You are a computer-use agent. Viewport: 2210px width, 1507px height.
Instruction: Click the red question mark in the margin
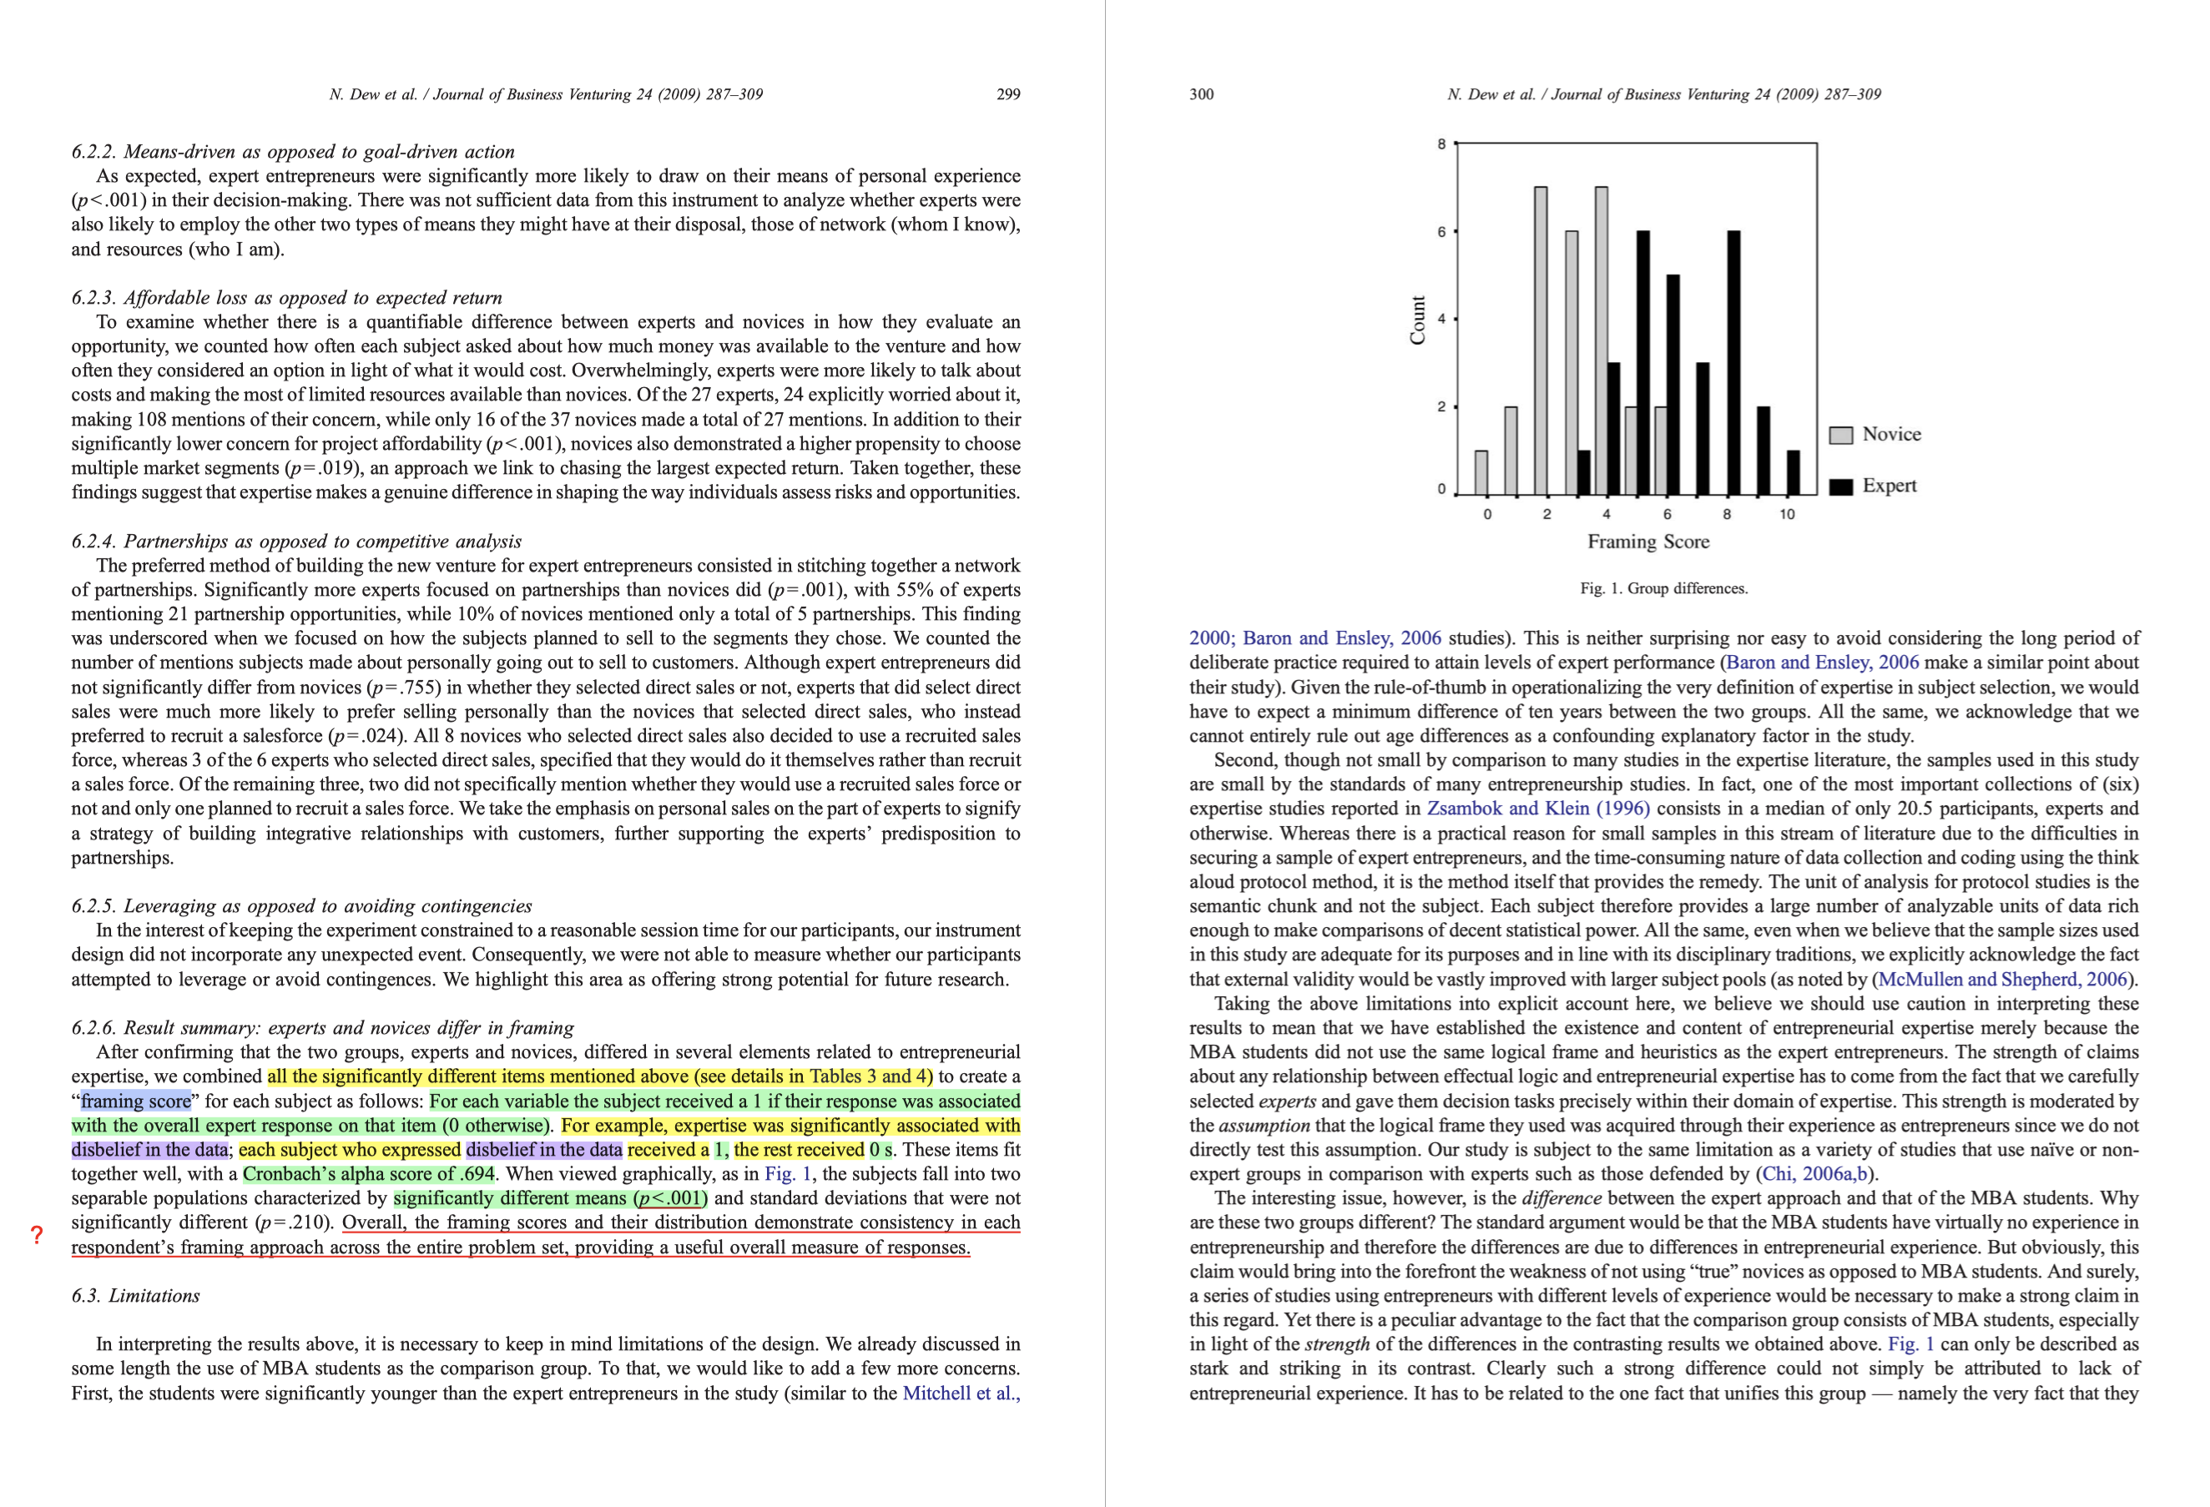[36, 1235]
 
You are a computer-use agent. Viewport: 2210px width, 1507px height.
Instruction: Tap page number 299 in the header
[1008, 94]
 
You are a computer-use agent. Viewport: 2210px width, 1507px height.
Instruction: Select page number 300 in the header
[1201, 94]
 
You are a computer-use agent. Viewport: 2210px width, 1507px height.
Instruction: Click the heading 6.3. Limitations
[136, 1296]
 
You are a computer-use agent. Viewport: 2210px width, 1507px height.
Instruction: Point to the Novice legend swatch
[1841, 436]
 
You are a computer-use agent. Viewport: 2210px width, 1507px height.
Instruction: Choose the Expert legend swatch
[1841, 486]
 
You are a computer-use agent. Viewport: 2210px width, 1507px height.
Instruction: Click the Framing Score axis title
[1648, 542]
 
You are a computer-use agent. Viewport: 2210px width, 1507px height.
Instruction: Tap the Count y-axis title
[1418, 320]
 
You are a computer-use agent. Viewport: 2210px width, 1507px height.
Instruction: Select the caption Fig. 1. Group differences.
[1663, 588]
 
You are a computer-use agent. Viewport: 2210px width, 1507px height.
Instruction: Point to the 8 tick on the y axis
[1441, 144]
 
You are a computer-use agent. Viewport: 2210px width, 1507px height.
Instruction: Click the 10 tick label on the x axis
[1787, 514]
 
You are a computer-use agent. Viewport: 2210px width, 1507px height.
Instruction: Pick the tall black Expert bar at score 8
[1733, 362]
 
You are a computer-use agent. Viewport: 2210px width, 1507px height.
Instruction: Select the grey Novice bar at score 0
[1481, 472]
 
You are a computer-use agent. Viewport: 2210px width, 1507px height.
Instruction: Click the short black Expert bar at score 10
[1794, 472]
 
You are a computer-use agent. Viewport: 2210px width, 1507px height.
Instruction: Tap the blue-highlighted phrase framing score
[135, 1101]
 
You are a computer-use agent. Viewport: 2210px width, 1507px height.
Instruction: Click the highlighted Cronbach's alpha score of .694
[369, 1174]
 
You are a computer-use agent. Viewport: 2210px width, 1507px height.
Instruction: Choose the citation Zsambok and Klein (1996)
[1537, 809]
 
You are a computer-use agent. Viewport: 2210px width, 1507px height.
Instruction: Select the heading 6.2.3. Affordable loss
[286, 298]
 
